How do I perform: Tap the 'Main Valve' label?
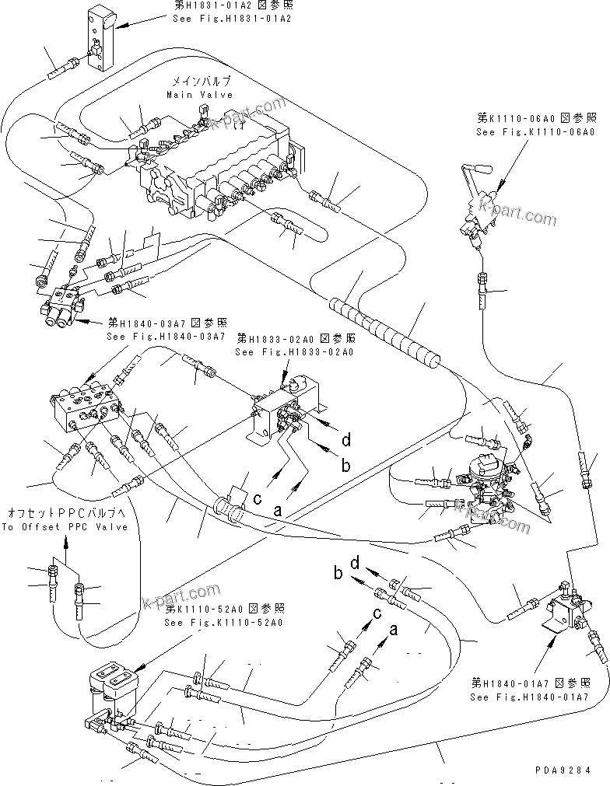click(200, 94)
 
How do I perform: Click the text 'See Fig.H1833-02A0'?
click(294, 351)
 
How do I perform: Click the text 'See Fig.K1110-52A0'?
click(223, 623)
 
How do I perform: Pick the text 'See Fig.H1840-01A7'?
click(530, 697)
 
